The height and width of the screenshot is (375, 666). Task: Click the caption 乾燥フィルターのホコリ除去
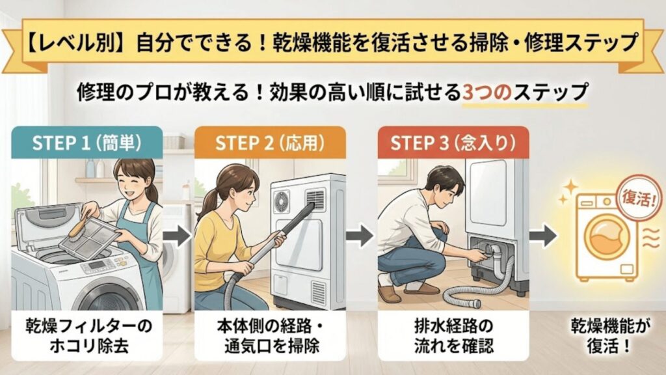click(87, 335)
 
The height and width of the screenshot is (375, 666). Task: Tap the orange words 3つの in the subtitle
click(486, 90)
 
